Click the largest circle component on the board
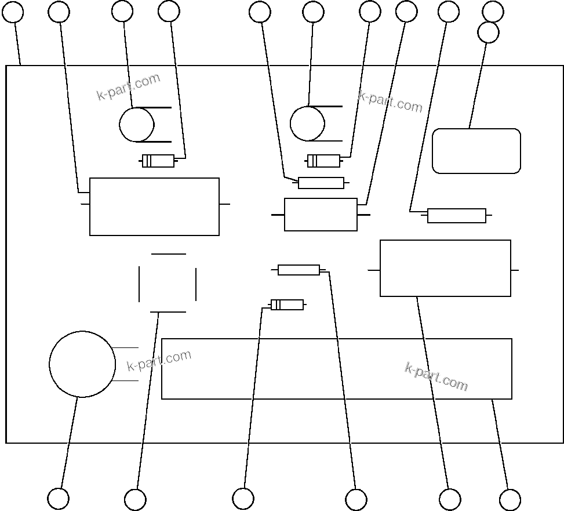pyautogui.click(x=82, y=364)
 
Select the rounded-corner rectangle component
pyautogui.click(x=476, y=151)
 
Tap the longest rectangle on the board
pyautogui.click(x=336, y=369)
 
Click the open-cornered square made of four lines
pyautogui.click(x=168, y=283)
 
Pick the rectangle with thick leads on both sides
pyautogui.click(x=321, y=215)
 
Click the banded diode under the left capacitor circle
pyautogui.click(x=158, y=161)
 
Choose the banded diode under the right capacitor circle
pyautogui.click(x=323, y=161)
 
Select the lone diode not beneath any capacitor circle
pyautogui.click(x=287, y=305)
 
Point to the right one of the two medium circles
pyautogui.click(x=307, y=124)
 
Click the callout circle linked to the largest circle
pyautogui.click(x=58, y=498)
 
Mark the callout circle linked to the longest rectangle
pyautogui.click(x=510, y=499)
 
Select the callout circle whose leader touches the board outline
pyautogui.click(x=13, y=12)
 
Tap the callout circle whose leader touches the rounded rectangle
pyautogui.click(x=488, y=32)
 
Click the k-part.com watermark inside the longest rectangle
pyautogui.click(x=436, y=377)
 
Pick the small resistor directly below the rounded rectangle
pyautogui.click(x=457, y=216)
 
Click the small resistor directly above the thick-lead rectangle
pyautogui.click(x=321, y=183)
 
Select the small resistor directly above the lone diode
pyautogui.click(x=299, y=270)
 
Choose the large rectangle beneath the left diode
pyautogui.click(x=154, y=206)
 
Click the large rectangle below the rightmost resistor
pyautogui.click(x=445, y=268)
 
